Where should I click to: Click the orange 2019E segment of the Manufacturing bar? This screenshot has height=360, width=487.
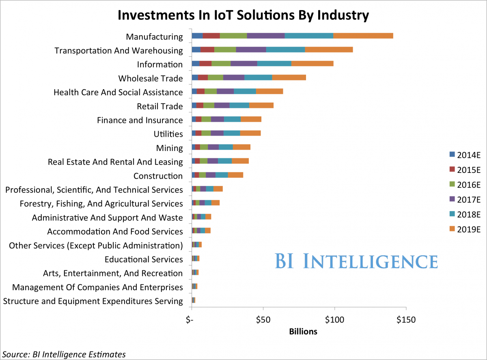pos(363,36)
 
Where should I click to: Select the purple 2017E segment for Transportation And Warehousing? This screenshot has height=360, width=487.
pos(251,50)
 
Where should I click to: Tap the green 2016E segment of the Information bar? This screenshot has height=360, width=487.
pos(221,64)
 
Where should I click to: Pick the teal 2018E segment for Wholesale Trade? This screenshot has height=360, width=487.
pos(258,78)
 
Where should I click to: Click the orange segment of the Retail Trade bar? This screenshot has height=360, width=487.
pos(261,106)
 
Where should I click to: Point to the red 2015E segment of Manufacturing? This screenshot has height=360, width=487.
pos(211,36)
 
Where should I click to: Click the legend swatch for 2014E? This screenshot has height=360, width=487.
pos(452,154)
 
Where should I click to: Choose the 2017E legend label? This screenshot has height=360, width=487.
pos(469,199)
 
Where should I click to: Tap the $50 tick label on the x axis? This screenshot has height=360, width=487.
pos(263,320)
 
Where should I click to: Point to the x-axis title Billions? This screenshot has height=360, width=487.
pos(303,332)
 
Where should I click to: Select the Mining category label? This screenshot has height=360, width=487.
pos(170,148)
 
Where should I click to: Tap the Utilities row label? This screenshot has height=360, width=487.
pos(168,134)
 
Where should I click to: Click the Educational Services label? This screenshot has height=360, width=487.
pos(144,259)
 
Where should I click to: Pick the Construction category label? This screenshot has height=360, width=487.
pos(158,176)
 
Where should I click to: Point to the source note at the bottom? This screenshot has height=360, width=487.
pos(63,354)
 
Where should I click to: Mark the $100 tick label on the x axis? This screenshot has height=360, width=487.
pos(334,320)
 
